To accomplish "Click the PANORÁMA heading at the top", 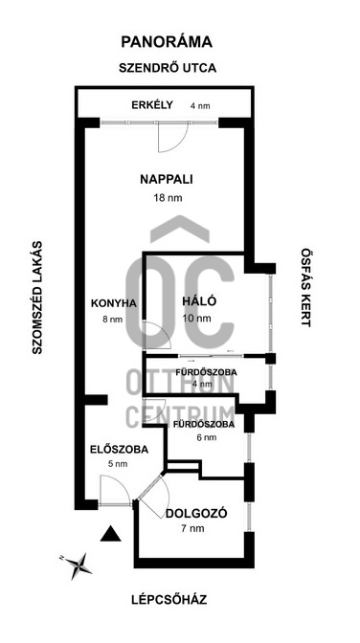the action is pos(167,42).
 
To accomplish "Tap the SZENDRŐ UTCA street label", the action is pos(168,68).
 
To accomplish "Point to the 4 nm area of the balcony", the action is pos(200,106).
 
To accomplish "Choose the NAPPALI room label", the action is pos(167,180).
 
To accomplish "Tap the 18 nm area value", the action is pos(168,198).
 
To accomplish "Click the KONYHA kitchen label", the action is pos(113,303).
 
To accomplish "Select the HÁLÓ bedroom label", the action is pos(199,301).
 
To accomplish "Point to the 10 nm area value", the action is pos(197,319).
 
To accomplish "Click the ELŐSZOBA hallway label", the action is pos(119,450).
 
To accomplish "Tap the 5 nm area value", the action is pos(117,464).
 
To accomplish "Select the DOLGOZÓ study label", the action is pos(196,514).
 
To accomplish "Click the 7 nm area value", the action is pos(193,528).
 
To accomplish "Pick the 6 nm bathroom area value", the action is pos(207,437).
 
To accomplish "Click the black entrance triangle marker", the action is pos(110,534).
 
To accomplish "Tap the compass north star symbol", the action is pos(78,566).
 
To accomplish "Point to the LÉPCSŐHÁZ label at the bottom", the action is pos(169,600).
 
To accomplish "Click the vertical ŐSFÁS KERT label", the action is pos(305,287).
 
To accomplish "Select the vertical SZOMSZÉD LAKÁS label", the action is pos(37,298).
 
